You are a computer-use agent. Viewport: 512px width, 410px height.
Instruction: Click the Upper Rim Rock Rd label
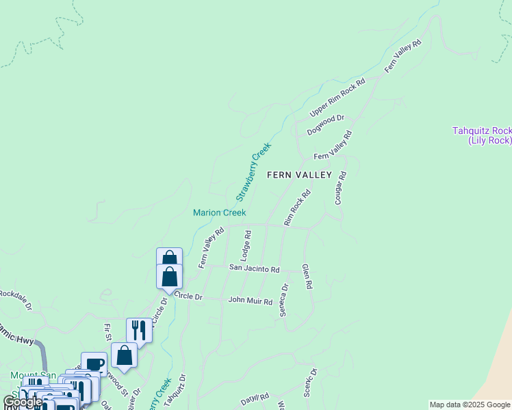tap(338, 97)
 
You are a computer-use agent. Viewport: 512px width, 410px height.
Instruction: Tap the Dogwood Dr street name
tap(326, 124)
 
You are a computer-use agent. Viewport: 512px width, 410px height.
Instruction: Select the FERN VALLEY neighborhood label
tap(299, 175)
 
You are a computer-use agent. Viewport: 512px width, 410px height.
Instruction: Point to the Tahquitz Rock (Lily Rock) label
tap(482, 135)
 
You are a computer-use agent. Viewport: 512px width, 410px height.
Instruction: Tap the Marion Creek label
tap(219, 213)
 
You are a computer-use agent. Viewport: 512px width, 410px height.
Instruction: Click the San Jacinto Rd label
tap(254, 269)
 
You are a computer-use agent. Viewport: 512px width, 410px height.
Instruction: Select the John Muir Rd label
tap(250, 300)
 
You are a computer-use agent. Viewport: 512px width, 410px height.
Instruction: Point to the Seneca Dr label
tap(283, 300)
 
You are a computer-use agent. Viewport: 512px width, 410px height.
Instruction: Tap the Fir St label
tap(107, 332)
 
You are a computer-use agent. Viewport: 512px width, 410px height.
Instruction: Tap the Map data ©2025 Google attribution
tap(470, 405)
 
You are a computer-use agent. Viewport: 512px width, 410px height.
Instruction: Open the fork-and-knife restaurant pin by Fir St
tap(139, 330)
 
